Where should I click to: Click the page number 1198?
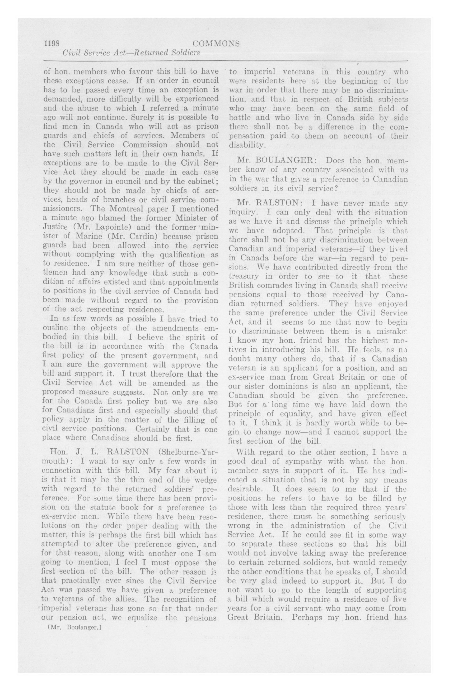[x=52, y=43]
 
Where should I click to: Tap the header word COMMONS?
[x=216, y=43]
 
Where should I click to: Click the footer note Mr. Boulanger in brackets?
[x=74, y=627]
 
